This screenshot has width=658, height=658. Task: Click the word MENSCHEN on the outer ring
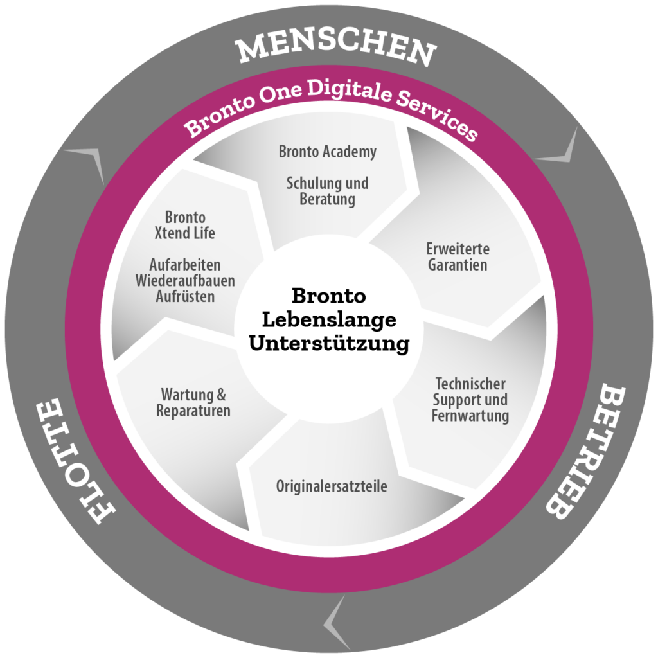click(x=337, y=49)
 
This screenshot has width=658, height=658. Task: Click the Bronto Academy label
click(x=327, y=152)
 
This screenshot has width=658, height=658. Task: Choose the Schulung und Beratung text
click(x=327, y=191)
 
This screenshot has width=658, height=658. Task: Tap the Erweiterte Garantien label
click(x=458, y=257)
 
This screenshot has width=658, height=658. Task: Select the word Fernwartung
click(x=470, y=416)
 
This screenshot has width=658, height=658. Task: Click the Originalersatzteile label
click(x=332, y=486)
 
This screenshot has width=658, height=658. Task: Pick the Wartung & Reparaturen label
click(x=193, y=402)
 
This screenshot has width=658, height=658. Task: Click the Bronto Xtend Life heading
click(x=184, y=225)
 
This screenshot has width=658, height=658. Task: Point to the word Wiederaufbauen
click(x=185, y=281)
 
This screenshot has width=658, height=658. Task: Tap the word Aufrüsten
click(x=185, y=297)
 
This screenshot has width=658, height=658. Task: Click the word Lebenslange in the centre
click(x=329, y=320)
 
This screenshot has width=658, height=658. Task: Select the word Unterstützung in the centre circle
click(x=329, y=344)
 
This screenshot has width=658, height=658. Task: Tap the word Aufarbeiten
click(x=185, y=265)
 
